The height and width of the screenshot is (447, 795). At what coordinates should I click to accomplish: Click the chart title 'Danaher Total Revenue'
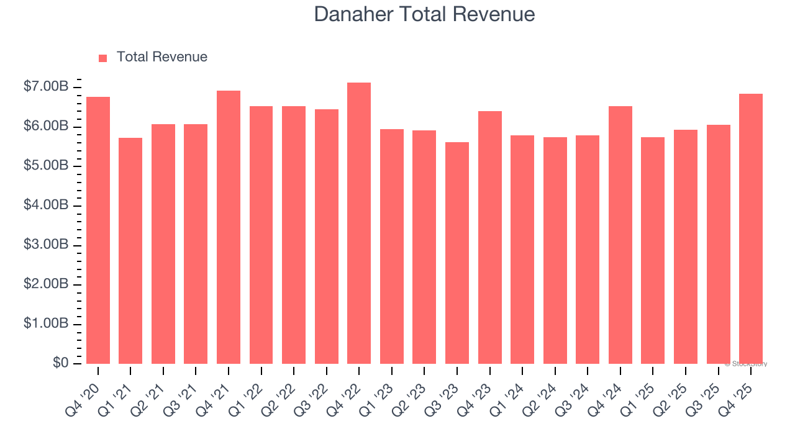[x=424, y=14]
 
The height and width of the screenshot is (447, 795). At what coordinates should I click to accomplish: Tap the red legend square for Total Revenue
[x=103, y=58]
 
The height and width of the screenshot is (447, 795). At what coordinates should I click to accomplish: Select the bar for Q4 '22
[x=359, y=223]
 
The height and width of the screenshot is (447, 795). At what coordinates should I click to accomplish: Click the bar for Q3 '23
[x=457, y=253]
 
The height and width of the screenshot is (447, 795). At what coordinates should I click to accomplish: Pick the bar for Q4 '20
[x=98, y=230]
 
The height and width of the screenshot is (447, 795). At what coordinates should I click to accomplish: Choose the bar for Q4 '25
[x=750, y=228]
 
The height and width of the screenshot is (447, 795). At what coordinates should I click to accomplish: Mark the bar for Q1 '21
[x=130, y=251]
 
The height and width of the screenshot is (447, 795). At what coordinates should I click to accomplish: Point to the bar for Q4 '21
[x=229, y=227]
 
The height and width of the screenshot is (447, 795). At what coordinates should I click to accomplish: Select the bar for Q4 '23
[x=489, y=238]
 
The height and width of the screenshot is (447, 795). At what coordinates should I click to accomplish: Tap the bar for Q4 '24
[x=620, y=235]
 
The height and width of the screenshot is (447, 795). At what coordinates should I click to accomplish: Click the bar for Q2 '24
[x=555, y=251]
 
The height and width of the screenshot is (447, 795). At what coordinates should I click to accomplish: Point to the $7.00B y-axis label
[x=46, y=87]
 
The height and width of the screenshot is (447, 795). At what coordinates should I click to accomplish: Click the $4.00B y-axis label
[x=46, y=205]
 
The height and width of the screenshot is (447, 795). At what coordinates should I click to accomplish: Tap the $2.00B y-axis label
[x=46, y=284]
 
